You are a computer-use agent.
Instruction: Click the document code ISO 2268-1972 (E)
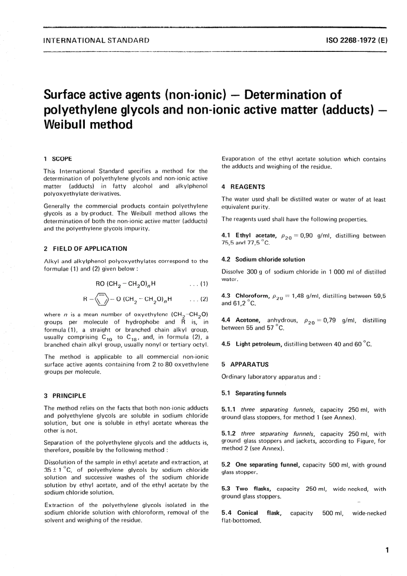(x=357, y=41)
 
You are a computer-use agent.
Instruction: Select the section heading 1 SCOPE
(x=58, y=159)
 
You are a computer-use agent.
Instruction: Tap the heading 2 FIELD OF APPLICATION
(x=85, y=249)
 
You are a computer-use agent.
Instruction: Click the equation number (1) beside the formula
(x=203, y=283)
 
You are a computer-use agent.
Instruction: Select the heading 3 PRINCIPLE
(x=65, y=396)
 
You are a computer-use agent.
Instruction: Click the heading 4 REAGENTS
(x=243, y=187)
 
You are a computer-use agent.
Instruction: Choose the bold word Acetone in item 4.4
(x=248, y=320)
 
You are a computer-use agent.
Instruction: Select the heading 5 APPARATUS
(x=245, y=364)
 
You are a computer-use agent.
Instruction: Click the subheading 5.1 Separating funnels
(x=254, y=393)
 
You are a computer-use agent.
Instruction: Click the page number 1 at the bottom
(x=387, y=550)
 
